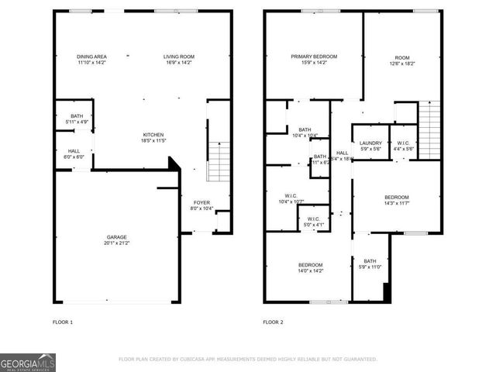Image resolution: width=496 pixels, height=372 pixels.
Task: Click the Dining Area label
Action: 91,57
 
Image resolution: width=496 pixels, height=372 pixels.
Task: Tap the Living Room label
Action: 178,57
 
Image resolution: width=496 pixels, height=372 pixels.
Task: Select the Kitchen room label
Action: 153,135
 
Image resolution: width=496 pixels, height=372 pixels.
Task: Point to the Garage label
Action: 117,236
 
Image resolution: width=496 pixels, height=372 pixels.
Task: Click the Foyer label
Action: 201,202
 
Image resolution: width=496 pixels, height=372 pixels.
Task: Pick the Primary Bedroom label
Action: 314,57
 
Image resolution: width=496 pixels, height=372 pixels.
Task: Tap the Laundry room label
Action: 370,143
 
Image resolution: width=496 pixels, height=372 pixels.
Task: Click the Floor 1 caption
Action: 61,322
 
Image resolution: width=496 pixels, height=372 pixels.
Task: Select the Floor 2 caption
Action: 273,322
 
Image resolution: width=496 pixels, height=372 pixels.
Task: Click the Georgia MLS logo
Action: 28,362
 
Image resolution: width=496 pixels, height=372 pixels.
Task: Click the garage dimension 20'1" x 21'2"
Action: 117,243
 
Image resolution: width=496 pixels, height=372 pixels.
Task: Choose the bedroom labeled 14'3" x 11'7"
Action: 396,200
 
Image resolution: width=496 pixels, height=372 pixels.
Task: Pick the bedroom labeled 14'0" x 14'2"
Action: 311,268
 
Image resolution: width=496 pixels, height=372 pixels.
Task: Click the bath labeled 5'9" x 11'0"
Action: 370,264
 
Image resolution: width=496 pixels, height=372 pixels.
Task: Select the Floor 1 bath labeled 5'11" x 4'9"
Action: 75,119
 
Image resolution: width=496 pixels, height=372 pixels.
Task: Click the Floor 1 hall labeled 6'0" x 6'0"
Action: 74,154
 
